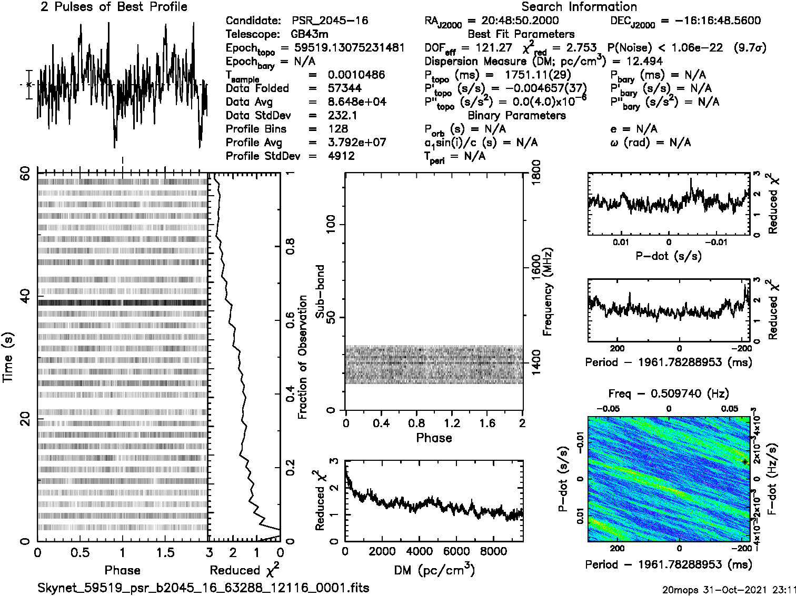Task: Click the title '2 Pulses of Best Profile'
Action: tap(114, 7)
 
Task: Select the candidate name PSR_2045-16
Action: tap(330, 21)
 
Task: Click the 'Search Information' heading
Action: tap(579, 7)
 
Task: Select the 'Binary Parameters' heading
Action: tap(516, 115)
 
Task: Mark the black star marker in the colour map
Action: tap(744, 462)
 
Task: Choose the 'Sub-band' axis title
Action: tap(320, 291)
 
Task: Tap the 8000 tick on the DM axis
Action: tap(494, 551)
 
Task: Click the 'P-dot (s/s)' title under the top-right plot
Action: tap(669, 256)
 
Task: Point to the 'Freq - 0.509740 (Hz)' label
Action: tap(669, 393)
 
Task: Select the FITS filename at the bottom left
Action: tap(203, 588)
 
